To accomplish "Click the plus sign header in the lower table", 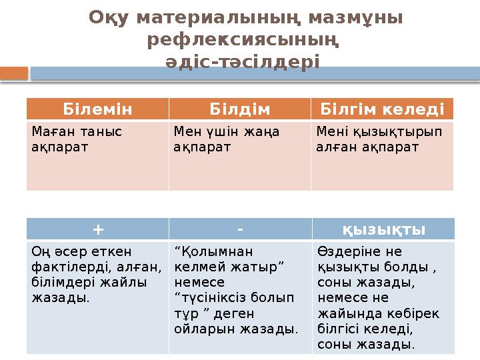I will click(x=98, y=229).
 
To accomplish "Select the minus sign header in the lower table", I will click(x=239, y=229).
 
